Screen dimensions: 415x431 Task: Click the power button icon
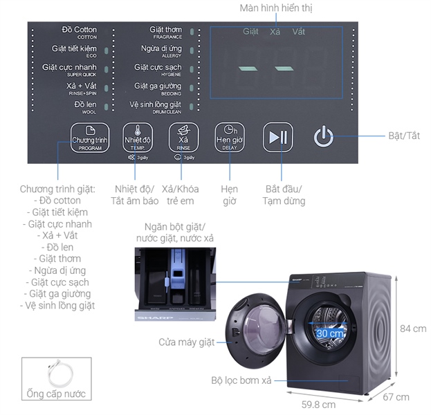pyautogui.click(x=324, y=136)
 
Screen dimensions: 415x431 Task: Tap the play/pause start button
pyautogui.click(x=278, y=137)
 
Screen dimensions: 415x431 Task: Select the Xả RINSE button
pyautogui.click(x=184, y=137)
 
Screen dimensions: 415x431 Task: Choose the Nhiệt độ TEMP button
pyautogui.click(x=137, y=137)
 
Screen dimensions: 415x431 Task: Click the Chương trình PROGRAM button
pyautogui.click(x=90, y=137)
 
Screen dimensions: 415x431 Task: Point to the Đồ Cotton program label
pyautogui.click(x=79, y=32)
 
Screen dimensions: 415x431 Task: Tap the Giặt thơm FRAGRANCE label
pyautogui.click(x=166, y=32)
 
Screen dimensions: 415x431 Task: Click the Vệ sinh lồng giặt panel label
pyautogui.click(x=156, y=107)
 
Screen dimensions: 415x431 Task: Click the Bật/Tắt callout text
pyautogui.click(x=404, y=136)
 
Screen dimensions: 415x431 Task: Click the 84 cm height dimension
pyautogui.click(x=413, y=329)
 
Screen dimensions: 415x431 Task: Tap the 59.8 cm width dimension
pyautogui.click(x=318, y=404)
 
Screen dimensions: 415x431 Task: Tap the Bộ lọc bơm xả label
pyautogui.click(x=247, y=380)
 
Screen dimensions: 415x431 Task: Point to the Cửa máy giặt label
pyautogui.click(x=186, y=342)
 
